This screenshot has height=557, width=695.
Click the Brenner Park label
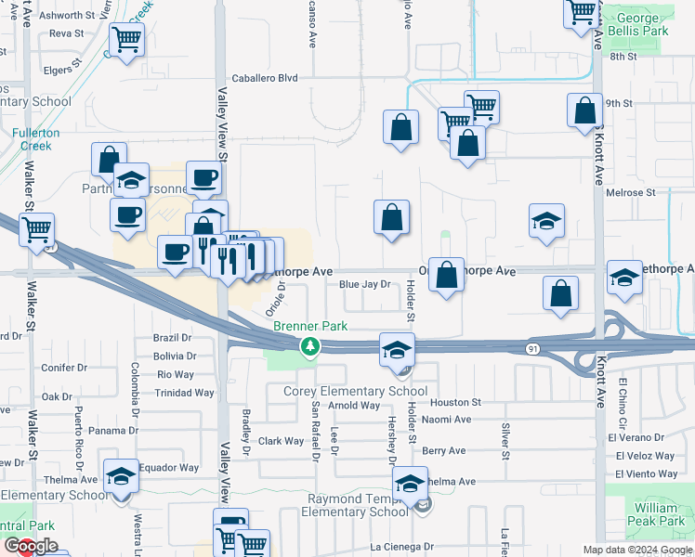[297, 327]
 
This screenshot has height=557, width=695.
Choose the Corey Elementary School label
[355, 392]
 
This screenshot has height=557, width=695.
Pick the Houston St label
[455, 403]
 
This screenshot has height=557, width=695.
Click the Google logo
[30, 546]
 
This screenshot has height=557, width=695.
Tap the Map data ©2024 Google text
[637, 550]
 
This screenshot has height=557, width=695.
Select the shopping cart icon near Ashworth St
[126, 40]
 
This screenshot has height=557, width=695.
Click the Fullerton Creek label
[36, 139]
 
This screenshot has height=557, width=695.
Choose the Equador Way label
[169, 468]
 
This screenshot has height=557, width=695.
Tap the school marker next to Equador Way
[121, 477]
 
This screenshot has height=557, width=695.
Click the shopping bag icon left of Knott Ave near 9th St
[584, 110]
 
